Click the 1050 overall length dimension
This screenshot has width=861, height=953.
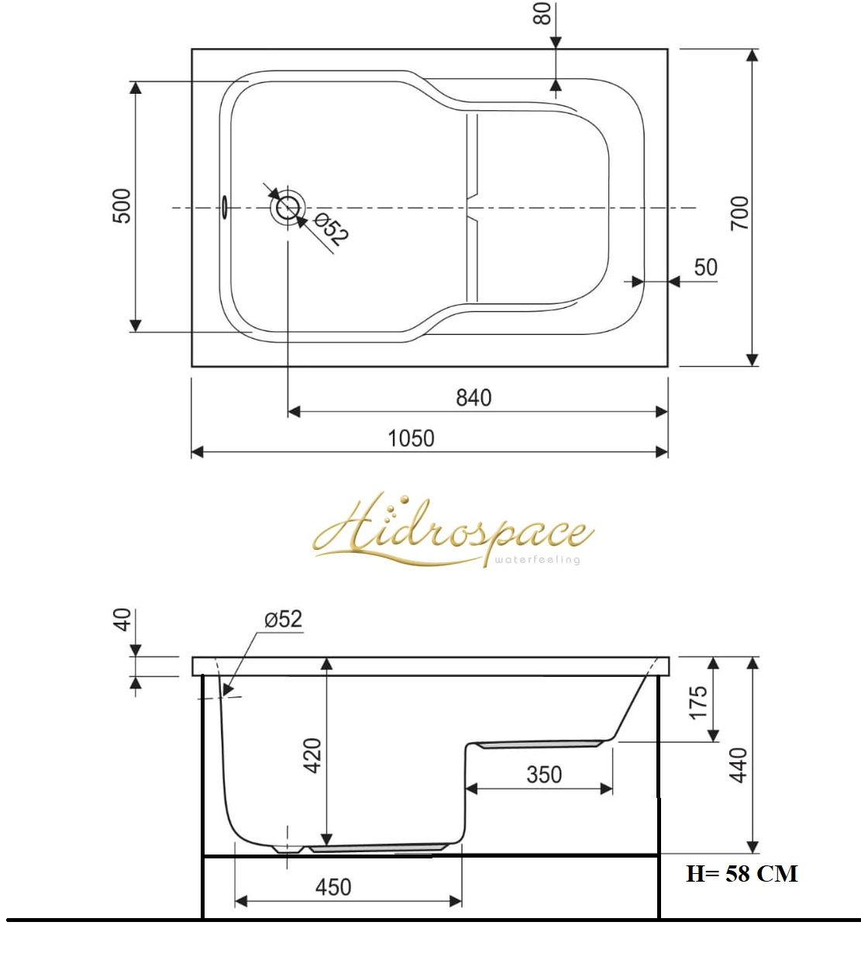[411, 438]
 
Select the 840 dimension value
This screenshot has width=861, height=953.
[473, 398]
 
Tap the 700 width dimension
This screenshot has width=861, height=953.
[740, 212]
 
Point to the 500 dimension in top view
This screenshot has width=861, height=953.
[122, 205]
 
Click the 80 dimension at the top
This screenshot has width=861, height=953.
[543, 13]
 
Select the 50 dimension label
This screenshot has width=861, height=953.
[705, 268]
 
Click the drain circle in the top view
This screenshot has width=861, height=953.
[288, 208]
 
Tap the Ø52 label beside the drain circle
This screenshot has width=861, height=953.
[329, 231]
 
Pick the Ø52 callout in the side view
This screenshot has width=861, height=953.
[283, 619]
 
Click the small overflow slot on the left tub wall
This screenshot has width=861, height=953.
[224, 205]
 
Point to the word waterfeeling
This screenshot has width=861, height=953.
[536, 560]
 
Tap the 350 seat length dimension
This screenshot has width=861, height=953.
[543, 774]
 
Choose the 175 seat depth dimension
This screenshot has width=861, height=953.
[698, 701]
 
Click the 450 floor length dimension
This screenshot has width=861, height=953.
[332, 886]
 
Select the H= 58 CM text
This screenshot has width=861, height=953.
[741, 874]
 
